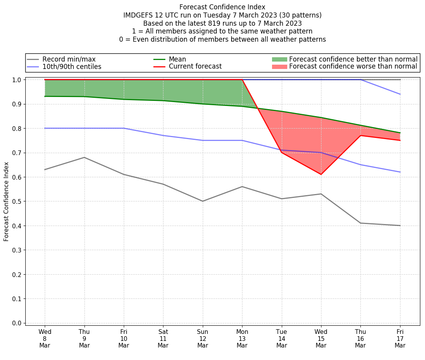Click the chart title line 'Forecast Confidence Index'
point(222,7)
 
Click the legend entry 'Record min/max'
point(69,59)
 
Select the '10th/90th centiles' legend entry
point(72,67)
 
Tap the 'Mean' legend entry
point(177,59)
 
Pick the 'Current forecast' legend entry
point(195,67)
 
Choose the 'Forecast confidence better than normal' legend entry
point(353,59)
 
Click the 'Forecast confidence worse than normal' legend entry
point(353,67)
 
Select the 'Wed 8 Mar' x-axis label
point(45,338)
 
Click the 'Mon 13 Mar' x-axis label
point(242,338)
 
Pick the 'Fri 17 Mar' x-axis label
point(400,338)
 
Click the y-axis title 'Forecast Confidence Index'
point(7,201)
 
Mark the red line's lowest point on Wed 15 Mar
point(321,174)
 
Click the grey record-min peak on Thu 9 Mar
point(84,157)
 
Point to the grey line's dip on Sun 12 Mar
point(203,201)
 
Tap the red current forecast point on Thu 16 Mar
point(360,136)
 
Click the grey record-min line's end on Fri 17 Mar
point(400,226)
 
